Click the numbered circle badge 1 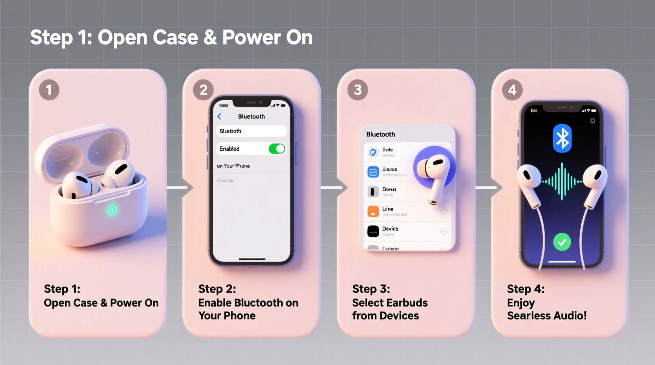click(x=49, y=90)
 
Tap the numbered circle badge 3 click(x=357, y=90)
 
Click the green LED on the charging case click(x=112, y=210)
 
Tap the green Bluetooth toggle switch click(x=277, y=149)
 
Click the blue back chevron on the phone click(x=220, y=116)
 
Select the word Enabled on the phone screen click(x=229, y=149)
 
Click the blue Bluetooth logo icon click(x=562, y=138)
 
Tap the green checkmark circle click(x=562, y=242)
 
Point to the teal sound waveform click(x=562, y=181)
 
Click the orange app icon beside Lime click(x=373, y=211)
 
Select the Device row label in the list click(x=390, y=229)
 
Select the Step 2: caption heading click(x=217, y=289)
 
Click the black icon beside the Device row click(x=373, y=231)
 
